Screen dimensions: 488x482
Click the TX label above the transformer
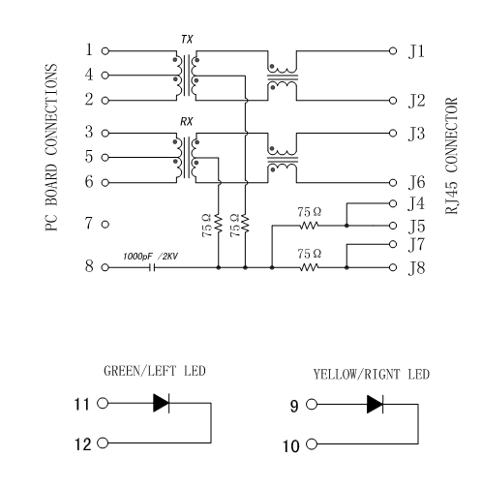[x=187, y=38]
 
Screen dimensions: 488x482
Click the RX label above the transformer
[x=187, y=123]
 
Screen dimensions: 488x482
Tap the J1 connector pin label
[x=417, y=49]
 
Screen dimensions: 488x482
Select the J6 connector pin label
[x=417, y=181]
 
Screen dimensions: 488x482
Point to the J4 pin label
[x=417, y=203]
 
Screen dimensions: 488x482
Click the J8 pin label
[x=417, y=267]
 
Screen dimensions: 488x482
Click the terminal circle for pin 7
[x=105, y=224]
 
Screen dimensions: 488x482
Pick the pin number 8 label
[x=89, y=266]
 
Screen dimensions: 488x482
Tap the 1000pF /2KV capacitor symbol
[x=151, y=266]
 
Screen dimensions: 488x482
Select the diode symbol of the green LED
[x=161, y=402]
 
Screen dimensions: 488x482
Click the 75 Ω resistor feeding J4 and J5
[x=309, y=225]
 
